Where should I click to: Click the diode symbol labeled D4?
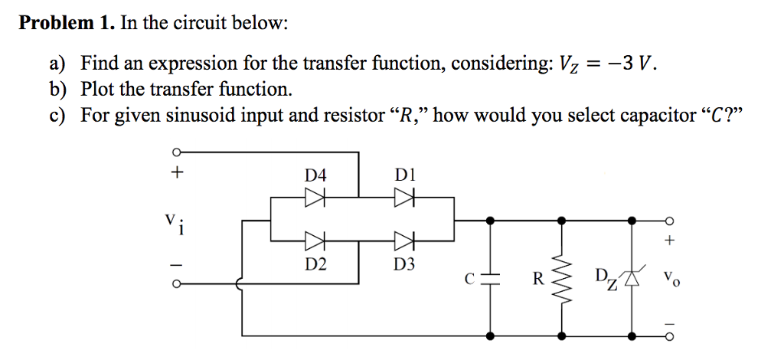[315, 198]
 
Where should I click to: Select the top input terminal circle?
[177, 152]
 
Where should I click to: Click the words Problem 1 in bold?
[66, 23]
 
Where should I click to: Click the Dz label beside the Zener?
[603, 276]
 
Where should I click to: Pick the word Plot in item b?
[97, 89]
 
